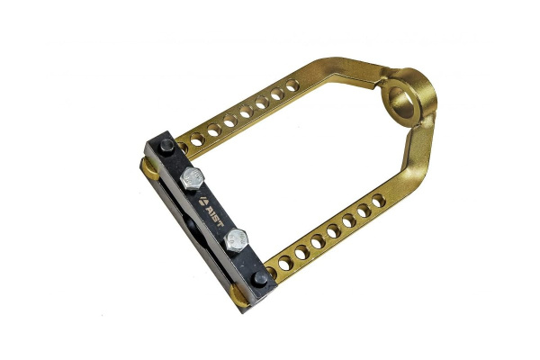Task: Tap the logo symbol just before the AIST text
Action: click(202, 201)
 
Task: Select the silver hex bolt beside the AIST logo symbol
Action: click(192, 178)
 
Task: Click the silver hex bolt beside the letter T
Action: click(236, 239)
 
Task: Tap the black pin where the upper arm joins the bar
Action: click(167, 146)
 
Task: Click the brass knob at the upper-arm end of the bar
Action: click(150, 169)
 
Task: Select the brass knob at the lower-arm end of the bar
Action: click(239, 295)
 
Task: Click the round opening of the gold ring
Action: click(401, 103)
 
